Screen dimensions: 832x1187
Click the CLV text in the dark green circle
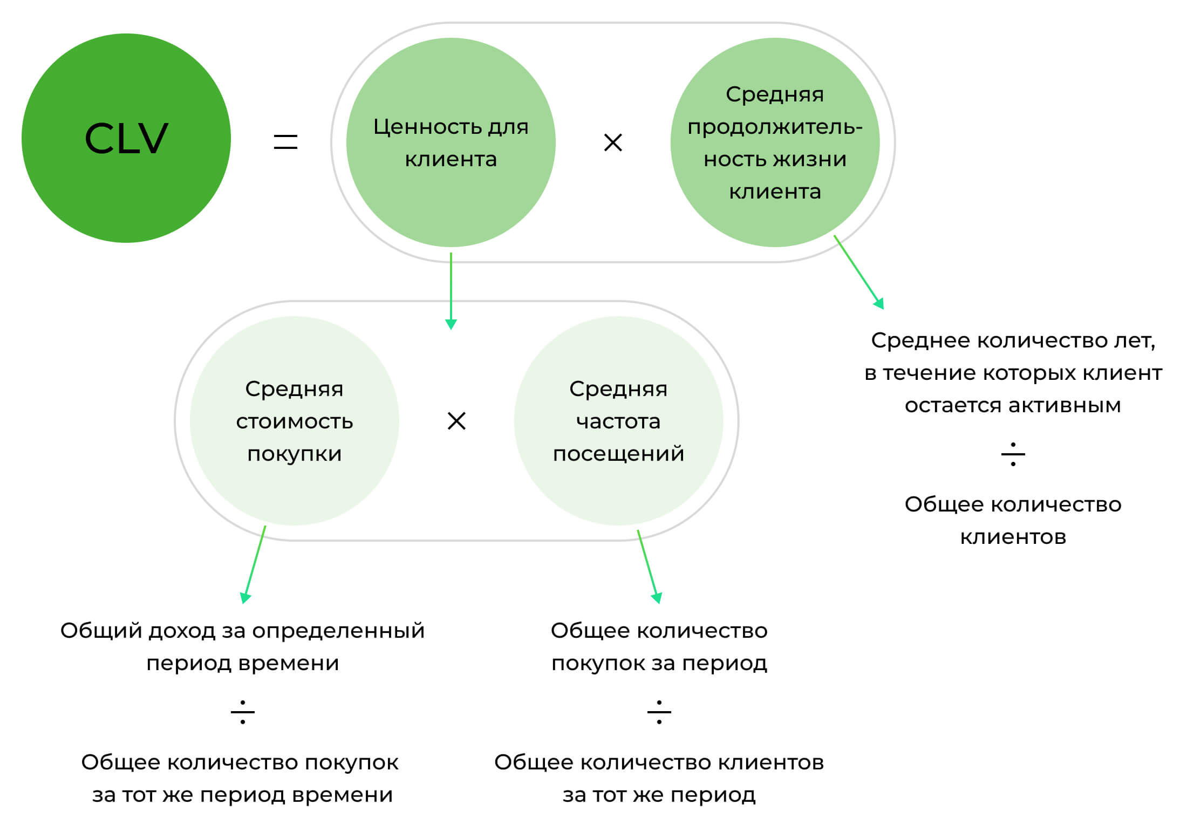pyautogui.click(x=126, y=139)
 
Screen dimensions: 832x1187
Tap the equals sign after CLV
pyautogui.click(x=285, y=142)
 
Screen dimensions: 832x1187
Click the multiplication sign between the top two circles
pyautogui.click(x=613, y=142)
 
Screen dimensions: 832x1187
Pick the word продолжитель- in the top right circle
pyautogui.click(x=775, y=127)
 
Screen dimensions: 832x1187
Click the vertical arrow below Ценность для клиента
pyautogui.click(x=451, y=291)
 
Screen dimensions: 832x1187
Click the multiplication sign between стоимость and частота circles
pyautogui.click(x=456, y=421)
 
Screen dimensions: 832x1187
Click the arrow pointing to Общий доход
pyautogui.click(x=254, y=564)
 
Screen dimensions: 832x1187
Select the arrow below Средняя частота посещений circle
pyautogui.click(x=647, y=567)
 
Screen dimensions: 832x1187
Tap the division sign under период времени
pyautogui.click(x=242, y=712)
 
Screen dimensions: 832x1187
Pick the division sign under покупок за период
pyautogui.click(x=659, y=712)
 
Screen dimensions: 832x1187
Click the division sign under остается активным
pyautogui.click(x=1013, y=454)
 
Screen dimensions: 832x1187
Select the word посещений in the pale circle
pyautogui.click(x=618, y=454)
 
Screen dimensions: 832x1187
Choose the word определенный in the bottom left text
pyautogui.click(x=338, y=631)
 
